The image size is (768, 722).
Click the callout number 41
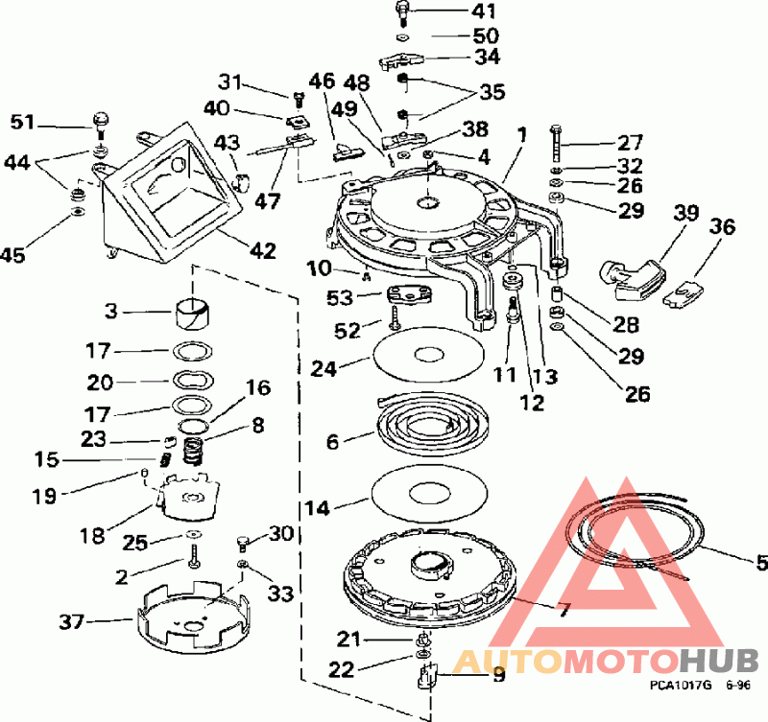(483, 12)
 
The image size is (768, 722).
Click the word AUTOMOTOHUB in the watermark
(605, 661)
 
